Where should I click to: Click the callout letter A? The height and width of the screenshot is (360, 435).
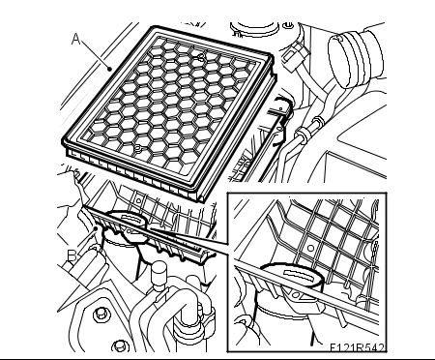click(75, 39)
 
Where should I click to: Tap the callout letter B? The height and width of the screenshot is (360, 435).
click(72, 255)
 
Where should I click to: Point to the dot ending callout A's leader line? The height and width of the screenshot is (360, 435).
click(110, 69)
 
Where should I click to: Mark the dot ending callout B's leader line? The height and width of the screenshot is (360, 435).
click(96, 228)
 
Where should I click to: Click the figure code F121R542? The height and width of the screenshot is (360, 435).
click(357, 347)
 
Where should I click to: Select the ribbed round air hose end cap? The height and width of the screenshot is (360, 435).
click(342, 61)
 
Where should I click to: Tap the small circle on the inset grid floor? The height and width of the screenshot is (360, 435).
click(310, 248)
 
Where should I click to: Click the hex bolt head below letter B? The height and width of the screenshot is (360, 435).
click(100, 314)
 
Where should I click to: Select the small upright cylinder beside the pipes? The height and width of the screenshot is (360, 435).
click(159, 275)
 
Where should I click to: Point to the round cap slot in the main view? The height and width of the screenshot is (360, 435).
click(132, 220)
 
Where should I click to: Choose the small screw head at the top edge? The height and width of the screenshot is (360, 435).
click(288, 26)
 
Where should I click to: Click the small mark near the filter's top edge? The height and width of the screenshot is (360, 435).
click(201, 57)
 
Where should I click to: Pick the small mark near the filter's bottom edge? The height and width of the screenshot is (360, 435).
click(137, 149)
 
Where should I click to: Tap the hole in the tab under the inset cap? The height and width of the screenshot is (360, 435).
click(296, 294)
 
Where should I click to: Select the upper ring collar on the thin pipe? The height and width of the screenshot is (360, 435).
click(317, 121)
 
